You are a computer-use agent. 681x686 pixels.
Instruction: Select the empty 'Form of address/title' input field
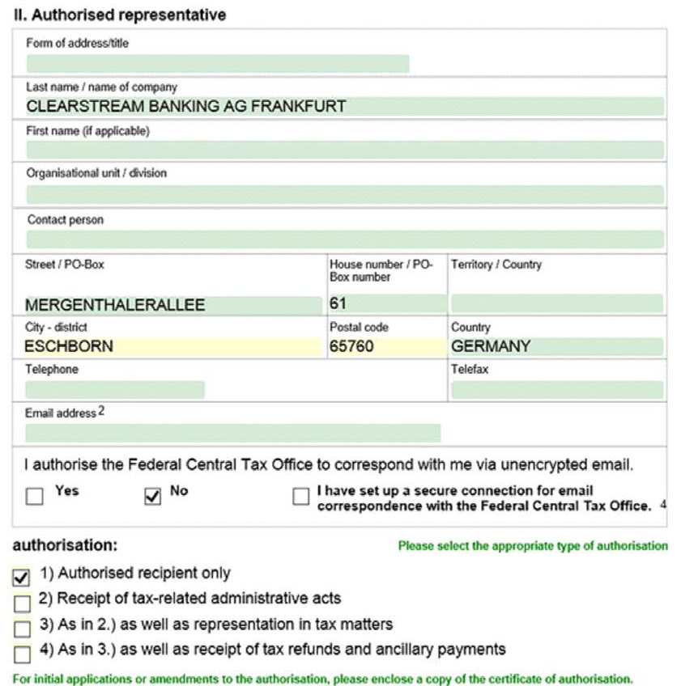pos(217,64)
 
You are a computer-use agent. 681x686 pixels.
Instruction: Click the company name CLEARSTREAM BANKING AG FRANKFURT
pos(186,106)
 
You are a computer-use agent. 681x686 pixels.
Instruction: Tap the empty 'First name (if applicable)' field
pos(344,150)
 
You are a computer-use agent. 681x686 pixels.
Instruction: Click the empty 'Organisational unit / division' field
pos(344,194)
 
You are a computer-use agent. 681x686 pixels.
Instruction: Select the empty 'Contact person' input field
pos(344,239)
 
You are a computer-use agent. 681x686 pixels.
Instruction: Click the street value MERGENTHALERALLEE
pos(115,305)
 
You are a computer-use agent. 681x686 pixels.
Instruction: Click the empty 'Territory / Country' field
pos(556,304)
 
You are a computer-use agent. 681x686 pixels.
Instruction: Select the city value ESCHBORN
pos(69,346)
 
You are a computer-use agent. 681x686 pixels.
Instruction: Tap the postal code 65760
pos(353,346)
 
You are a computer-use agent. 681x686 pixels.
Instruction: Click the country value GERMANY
pos(491,346)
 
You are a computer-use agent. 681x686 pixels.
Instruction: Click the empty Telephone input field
pos(114,390)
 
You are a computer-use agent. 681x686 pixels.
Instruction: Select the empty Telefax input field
pos(556,390)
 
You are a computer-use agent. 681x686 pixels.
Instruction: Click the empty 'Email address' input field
pos(232,433)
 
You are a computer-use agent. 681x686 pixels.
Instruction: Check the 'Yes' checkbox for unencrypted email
pos(34,496)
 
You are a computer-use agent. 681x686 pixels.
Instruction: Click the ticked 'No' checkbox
pos(152,496)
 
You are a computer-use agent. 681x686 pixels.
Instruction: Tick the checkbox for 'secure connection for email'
pos(301,496)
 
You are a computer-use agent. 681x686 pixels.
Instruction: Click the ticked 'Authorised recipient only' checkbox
pos(22,577)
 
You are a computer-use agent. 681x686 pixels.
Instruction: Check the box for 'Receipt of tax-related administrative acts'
pos(22,602)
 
